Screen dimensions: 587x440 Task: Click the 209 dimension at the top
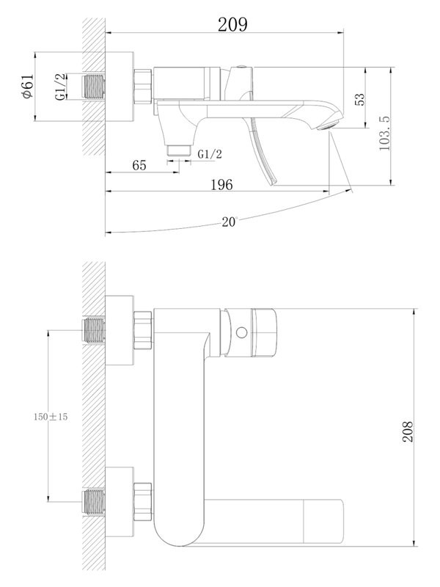[x=233, y=24]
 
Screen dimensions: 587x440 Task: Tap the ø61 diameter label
[x=27, y=87]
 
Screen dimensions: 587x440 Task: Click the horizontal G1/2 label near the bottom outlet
[x=210, y=153]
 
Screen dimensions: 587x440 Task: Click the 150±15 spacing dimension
[x=51, y=416]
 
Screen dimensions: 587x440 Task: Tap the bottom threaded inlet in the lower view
[x=93, y=502]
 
